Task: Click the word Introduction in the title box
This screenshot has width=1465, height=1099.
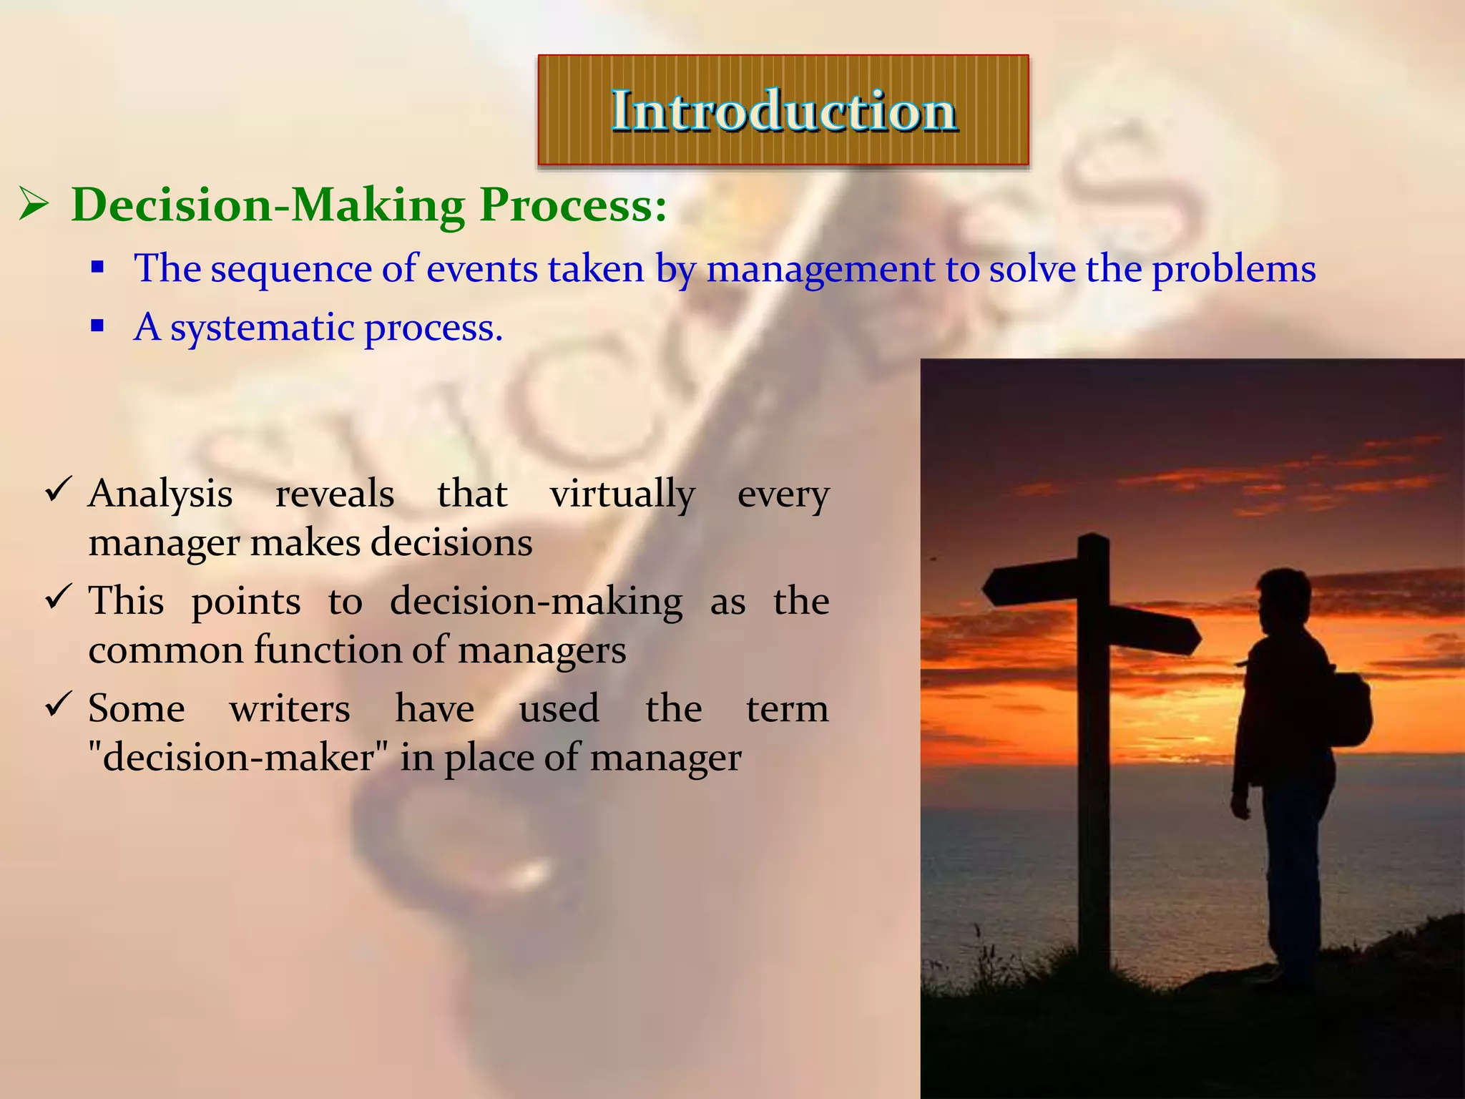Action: (x=783, y=111)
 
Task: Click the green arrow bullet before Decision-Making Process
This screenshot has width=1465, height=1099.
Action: (x=33, y=205)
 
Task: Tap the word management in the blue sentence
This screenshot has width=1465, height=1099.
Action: (x=820, y=270)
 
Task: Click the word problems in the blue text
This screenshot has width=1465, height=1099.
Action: (x=1233, y=270)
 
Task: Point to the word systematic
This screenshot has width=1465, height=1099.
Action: (x=262, y=329)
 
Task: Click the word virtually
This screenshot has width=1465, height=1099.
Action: (x=622, y=494)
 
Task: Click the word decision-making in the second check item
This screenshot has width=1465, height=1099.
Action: (x=536, y=602)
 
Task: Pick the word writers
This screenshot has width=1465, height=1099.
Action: (x=290, y=709)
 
